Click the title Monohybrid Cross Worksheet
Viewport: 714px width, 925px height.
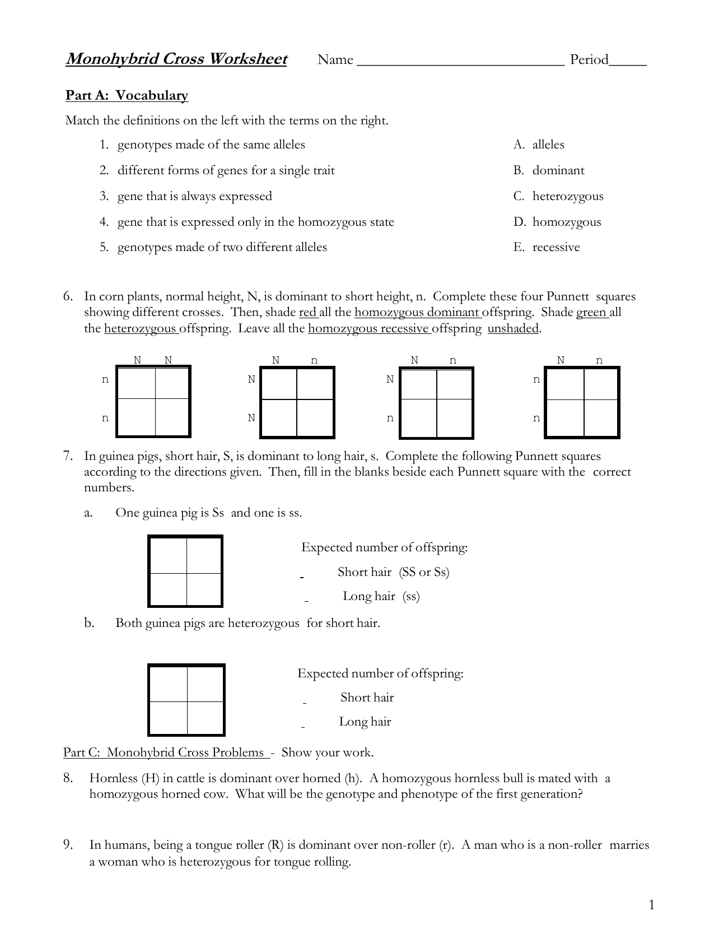click(x=176, y=59)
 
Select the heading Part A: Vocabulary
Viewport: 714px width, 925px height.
click(x=127, y=95)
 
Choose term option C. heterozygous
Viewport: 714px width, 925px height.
click(x=558, y=196)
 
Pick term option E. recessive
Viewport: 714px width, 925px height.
click(x=547, y=247)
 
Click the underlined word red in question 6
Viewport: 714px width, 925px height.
click(x=308, y=312)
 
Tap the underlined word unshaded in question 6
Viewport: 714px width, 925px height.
click(x=513, y=328)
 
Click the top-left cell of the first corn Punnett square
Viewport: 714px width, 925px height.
click(x=136, y=384)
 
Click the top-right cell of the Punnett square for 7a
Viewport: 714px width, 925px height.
click(x=204, y=555)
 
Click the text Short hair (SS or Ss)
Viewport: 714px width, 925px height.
click(x=393, y=572)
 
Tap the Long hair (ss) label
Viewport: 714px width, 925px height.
click(x=381, y=596)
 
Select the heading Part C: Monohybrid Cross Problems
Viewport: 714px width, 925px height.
click(x=166, y=752)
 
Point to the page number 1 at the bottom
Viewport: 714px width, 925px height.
click(x=651, y=905)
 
